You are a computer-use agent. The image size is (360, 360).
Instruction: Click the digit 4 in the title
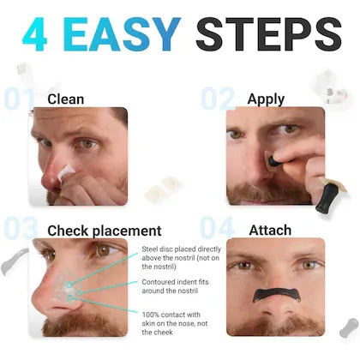pos(39,34)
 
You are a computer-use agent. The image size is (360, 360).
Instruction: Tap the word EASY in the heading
pos(121,34)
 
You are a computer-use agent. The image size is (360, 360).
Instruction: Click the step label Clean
pos(66,99)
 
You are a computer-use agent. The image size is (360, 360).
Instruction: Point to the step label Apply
pos(266,99)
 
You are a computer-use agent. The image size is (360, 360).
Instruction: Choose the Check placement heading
pos(104,230)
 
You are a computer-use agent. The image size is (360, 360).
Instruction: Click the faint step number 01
pos(19,99)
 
